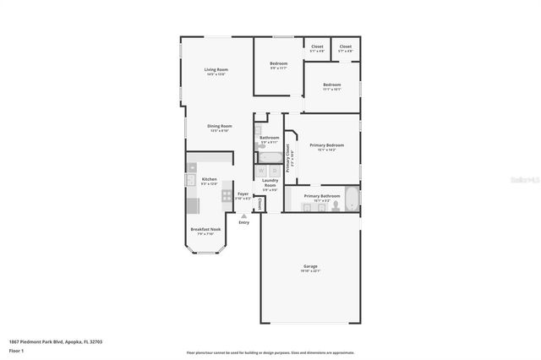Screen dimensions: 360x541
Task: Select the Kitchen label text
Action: (209, 179)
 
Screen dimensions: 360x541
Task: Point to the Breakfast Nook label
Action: (205, 229)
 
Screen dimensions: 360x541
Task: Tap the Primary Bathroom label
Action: (321, 195)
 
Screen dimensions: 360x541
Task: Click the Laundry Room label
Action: (270, 182)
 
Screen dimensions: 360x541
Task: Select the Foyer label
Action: (243, 194)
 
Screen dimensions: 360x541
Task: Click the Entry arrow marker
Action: (243, 215)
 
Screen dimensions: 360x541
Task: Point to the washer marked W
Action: (261, 170)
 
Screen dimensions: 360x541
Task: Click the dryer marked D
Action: (274, 170)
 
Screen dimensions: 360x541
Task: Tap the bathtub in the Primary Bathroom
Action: (352, 199)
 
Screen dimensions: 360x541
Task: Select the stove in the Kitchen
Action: (227, 195)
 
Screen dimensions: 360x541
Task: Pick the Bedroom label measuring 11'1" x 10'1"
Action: (331, 85)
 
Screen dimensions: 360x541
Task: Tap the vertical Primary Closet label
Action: (288, 157)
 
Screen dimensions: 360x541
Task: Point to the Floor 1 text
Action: (16, 350)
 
